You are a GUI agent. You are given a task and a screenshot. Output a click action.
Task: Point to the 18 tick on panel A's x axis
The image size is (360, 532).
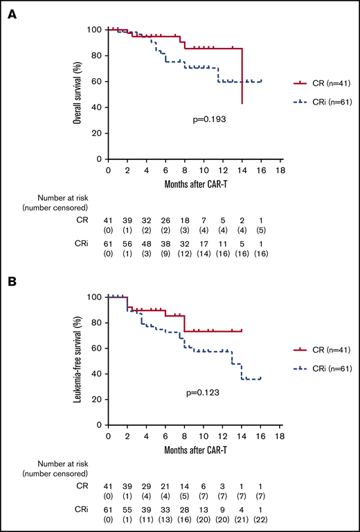click(280, 169)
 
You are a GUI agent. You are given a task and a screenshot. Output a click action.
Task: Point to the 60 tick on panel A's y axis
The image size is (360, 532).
click(96, 81)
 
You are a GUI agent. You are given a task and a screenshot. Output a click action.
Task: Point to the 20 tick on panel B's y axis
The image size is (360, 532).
click(96, 400)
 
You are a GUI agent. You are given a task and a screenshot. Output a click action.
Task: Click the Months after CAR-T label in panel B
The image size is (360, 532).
click(194, 447)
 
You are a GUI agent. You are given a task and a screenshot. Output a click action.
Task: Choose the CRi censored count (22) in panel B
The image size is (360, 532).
click(261, 520)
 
